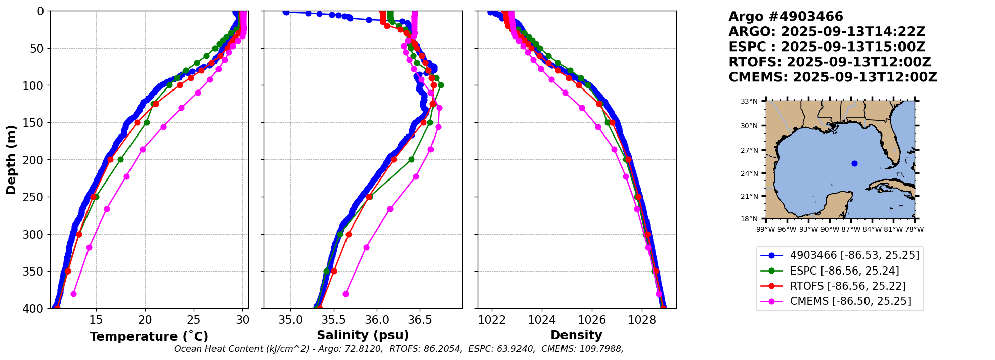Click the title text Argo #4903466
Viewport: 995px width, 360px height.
click(786, 17)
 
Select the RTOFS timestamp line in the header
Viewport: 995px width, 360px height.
click(830, 62)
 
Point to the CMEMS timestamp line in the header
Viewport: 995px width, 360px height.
click(833, 77)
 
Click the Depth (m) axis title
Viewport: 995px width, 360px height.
click(11, 160)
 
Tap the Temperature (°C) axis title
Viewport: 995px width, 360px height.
click(149, 336)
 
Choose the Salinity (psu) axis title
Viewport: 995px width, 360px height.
click(363, 335)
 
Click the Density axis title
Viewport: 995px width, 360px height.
click(576, 335)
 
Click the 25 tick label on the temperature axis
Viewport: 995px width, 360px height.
click(194, 320)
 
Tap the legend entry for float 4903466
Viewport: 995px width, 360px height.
click(840, 255)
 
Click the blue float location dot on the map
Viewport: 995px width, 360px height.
click(854, 163)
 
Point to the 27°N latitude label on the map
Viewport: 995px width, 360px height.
click(749, 150)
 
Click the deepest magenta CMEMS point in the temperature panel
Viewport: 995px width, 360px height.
click(73, 294)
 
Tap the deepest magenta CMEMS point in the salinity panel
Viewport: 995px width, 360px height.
click(345, 294)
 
